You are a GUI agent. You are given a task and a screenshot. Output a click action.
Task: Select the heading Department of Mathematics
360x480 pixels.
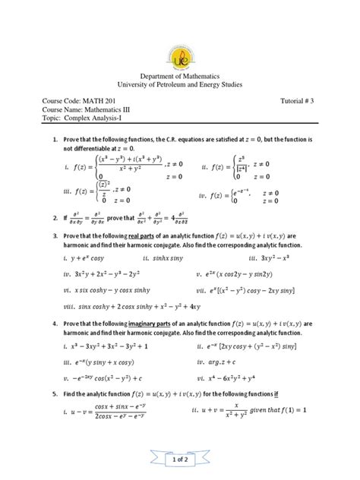tap(179, 79)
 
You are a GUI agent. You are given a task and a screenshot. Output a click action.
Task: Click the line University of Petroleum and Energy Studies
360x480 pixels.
tap(179, 89)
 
